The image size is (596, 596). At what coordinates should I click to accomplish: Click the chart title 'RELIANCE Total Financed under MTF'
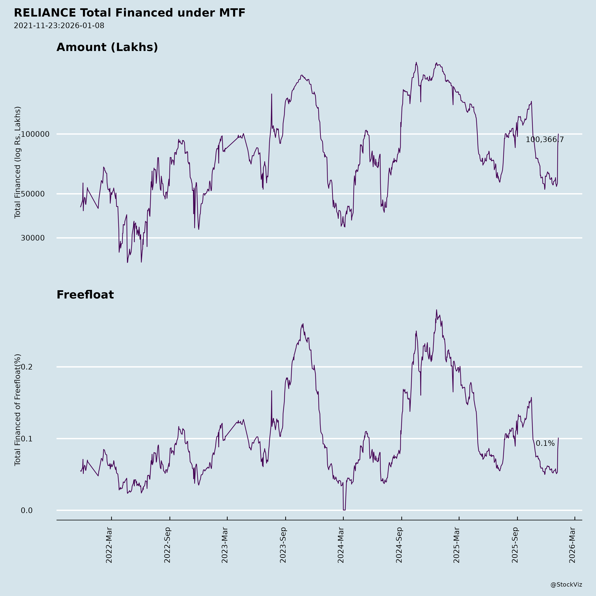(x=130, y=13)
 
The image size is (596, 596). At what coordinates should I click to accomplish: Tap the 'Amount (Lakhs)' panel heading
(x=107, y=47)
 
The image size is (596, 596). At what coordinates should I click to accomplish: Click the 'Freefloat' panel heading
(x=85, y=295)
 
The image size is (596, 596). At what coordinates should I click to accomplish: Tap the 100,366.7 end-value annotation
(x=545, y=140)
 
